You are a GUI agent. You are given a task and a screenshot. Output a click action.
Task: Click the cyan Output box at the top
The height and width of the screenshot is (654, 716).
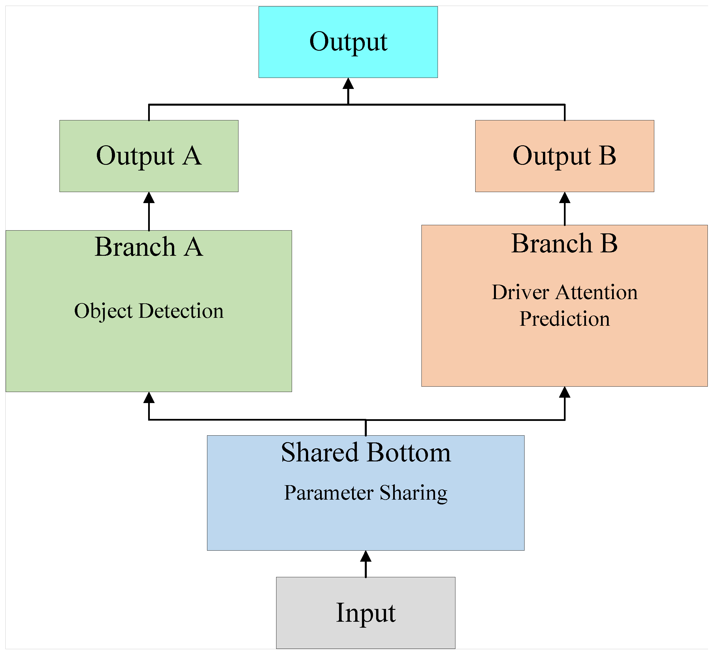tap(348, 42)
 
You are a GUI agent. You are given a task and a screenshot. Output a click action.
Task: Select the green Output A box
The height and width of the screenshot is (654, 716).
tap(149, 156)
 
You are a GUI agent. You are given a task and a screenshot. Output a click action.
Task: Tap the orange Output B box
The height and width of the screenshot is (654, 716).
tap(564, 156)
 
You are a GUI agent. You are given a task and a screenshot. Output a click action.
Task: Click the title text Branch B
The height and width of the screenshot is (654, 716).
tap(564, 244)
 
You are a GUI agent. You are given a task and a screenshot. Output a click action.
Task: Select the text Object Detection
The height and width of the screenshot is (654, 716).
tap(149, 311)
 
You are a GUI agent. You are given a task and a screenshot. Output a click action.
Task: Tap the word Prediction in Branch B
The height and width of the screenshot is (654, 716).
tap(564, 319)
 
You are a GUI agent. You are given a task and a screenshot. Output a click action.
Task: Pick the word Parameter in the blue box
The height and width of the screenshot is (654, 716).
tap(329, 493)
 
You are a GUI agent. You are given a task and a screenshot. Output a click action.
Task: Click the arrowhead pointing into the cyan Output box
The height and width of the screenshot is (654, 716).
tap(348, 84)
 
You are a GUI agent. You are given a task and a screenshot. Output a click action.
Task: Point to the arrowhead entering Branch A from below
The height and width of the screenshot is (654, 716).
tap(149, 398)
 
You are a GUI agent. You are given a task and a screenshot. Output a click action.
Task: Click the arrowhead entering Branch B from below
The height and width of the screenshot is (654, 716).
tap(564, 393)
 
